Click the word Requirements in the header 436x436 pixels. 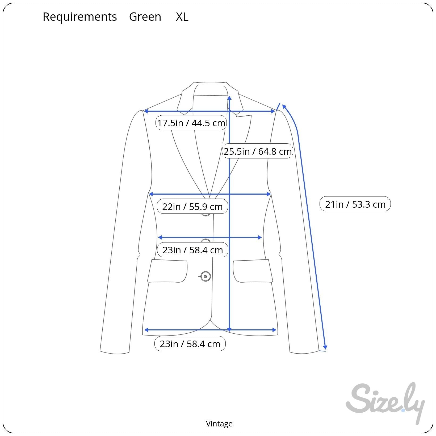pyautogui.click(x=80, y=17)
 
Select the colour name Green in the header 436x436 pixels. pyautogui.click(x=145, y=17)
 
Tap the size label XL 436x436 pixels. pyautogui.click(x=182, y=17)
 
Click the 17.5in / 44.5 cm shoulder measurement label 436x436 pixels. pyautogui.click(x=191, y=123)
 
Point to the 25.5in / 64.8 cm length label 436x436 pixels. pyautogui.click(x=257, y=151)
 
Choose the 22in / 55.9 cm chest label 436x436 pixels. pyautogui.click(x=192, y=207)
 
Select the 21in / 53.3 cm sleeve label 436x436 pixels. pyautogui.click(x=355, y=204)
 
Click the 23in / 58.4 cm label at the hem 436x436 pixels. pyautogui.click(x=190, y=344)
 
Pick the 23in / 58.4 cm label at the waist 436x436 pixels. pyautogui.click(x=192, y=250)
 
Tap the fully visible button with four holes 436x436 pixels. pyautogui.click(x=206, y=276)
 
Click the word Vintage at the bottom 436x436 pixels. pyautogui.click(x=219, y=424)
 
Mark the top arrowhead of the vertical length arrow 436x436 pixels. pyautogui.click(x=229, y=98)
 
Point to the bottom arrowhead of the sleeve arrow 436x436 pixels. pyautogui.click(x=325, y=347)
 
